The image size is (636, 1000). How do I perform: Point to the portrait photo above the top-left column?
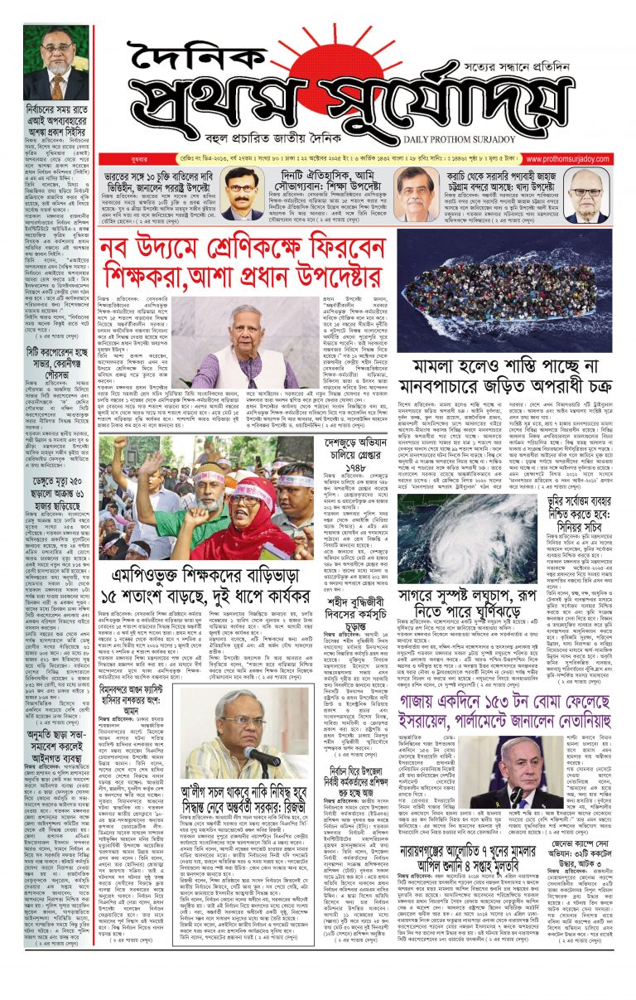click(x=55, y=62)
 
